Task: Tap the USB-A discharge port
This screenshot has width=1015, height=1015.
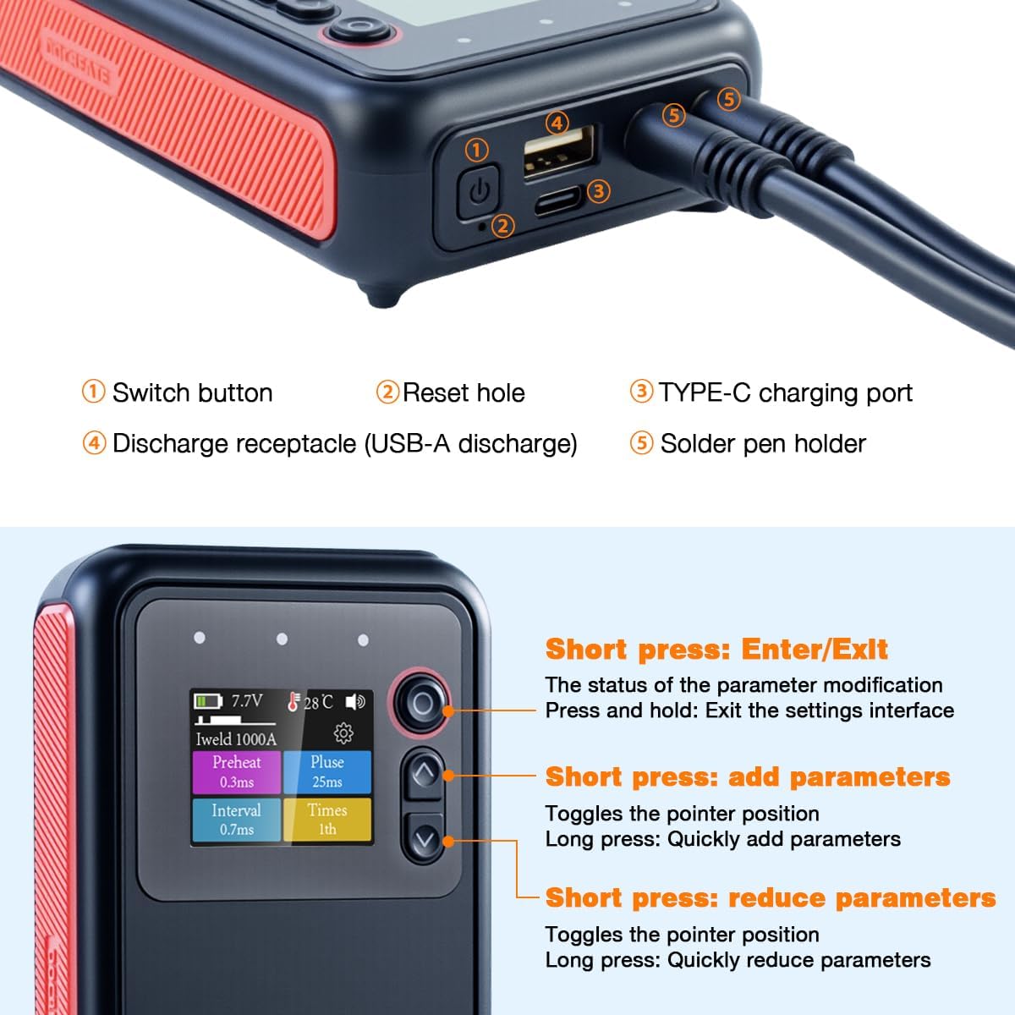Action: tap(559, 151)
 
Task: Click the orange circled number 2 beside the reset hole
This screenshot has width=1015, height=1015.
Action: tap(502, 226)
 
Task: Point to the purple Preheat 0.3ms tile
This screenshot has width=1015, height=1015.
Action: tap(236, 771)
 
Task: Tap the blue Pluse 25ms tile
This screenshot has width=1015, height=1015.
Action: tap(327, 771)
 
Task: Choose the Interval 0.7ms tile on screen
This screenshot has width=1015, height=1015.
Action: tap(236, 820)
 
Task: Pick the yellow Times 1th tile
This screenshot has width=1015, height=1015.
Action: tap(327, 820)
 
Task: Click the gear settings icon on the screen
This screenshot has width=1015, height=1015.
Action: tap(343, 732)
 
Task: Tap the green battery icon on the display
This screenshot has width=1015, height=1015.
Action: tap(207, 701)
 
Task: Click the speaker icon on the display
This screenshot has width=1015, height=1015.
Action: tap(355, 702)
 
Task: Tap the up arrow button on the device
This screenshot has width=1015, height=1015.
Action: tap(425, 772)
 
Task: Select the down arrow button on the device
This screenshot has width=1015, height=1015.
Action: tap(425, 840)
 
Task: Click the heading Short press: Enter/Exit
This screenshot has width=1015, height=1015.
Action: tap(716, 650)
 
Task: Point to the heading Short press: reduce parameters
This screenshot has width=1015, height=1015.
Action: tap(770, 897)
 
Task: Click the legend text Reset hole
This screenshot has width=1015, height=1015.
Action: tap(464, 393)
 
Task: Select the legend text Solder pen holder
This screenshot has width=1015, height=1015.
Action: tap(763, 444)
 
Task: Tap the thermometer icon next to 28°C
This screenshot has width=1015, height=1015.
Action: tap(294, 701)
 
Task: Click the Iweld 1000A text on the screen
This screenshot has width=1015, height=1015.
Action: tap(236, 738)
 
